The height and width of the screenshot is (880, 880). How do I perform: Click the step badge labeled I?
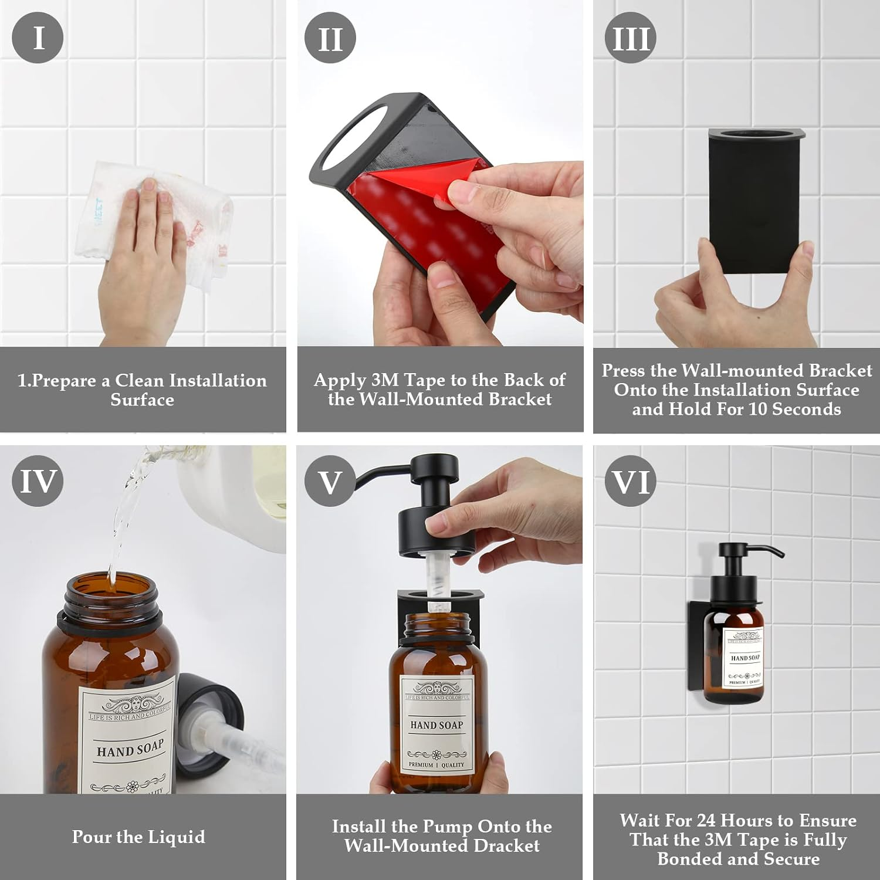[x=38, y=38]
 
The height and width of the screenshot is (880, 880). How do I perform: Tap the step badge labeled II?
[x=330, y=39]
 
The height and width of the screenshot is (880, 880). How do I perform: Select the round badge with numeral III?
[x=631, y=39]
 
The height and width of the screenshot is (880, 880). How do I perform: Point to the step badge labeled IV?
[x=38, y=481]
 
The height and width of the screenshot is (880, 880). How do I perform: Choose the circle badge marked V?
[x=330, y=482]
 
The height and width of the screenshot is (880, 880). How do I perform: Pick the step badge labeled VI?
[x=631, y=482]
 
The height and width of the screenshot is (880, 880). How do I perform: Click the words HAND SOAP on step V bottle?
[x=436, y=725]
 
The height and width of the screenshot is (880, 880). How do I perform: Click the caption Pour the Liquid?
[x=138, y=837]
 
